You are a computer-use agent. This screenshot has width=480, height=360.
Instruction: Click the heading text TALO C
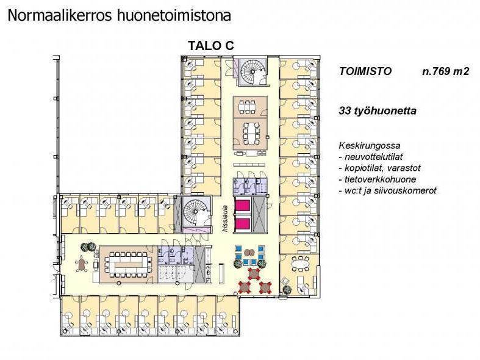point(211,45)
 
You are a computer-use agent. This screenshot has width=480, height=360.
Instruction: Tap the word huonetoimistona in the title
point(174,16)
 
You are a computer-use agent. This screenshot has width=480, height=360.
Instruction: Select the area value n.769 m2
point(445,71)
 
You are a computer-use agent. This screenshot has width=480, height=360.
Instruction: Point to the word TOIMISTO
point(365,71)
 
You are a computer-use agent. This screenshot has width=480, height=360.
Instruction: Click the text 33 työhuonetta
point(378,110)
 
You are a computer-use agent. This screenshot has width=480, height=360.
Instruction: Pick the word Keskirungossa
point(370,146)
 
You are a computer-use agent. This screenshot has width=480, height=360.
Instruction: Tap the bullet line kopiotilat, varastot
point(379,168)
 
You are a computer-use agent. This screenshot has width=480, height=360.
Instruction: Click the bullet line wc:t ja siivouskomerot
point(387,190)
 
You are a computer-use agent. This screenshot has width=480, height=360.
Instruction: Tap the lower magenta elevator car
point(243,224)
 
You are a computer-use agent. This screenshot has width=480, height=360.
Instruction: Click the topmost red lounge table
point(254,273)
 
